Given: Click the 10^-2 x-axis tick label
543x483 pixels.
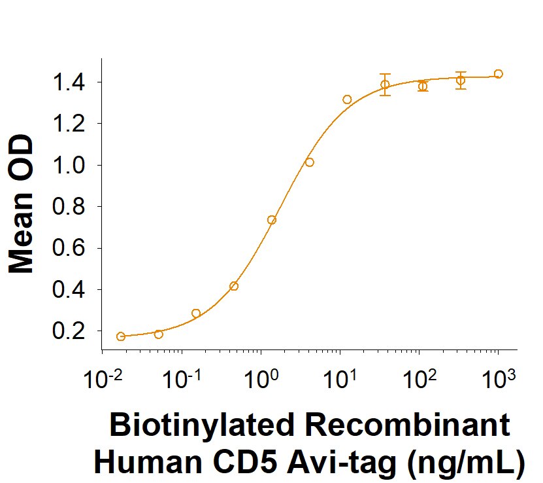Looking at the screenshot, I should [101, 379].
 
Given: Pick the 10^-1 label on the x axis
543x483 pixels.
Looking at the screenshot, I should [180, 379].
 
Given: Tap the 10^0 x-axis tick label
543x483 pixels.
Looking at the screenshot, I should [260, 379].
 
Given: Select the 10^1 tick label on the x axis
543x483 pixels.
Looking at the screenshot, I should [339, 379].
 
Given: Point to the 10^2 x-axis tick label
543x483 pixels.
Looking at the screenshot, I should [418, 379].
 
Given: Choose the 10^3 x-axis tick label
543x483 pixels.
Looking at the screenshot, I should [498, 379].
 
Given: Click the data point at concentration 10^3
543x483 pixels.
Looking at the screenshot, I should [498, 74].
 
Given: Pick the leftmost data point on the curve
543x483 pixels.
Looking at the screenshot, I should [120, 336].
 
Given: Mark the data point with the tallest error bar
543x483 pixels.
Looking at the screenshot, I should [386, 84].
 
